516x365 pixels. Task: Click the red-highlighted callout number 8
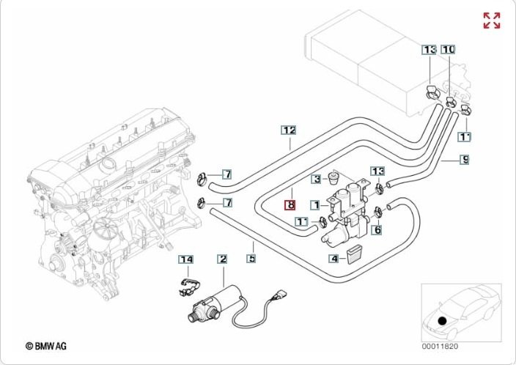pos(290,206)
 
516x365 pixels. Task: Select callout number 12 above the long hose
pos(290,130)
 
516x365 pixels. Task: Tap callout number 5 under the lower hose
pos(251,258)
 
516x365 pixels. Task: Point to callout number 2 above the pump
pos(221,259)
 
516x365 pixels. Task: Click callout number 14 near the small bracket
pos(186,259)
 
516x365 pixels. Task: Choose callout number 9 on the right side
pos(465,159)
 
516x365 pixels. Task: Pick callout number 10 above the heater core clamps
pos(448,49)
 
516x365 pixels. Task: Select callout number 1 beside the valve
pos(314,206)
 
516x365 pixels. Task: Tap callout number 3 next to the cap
pos(316,178)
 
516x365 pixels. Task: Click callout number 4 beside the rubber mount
pos(333,258)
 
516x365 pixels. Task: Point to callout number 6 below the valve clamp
pos(377,230)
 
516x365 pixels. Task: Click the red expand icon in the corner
pos(491,21)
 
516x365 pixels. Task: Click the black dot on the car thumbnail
pos(441,320)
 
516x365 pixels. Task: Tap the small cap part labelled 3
pos(334,178)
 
